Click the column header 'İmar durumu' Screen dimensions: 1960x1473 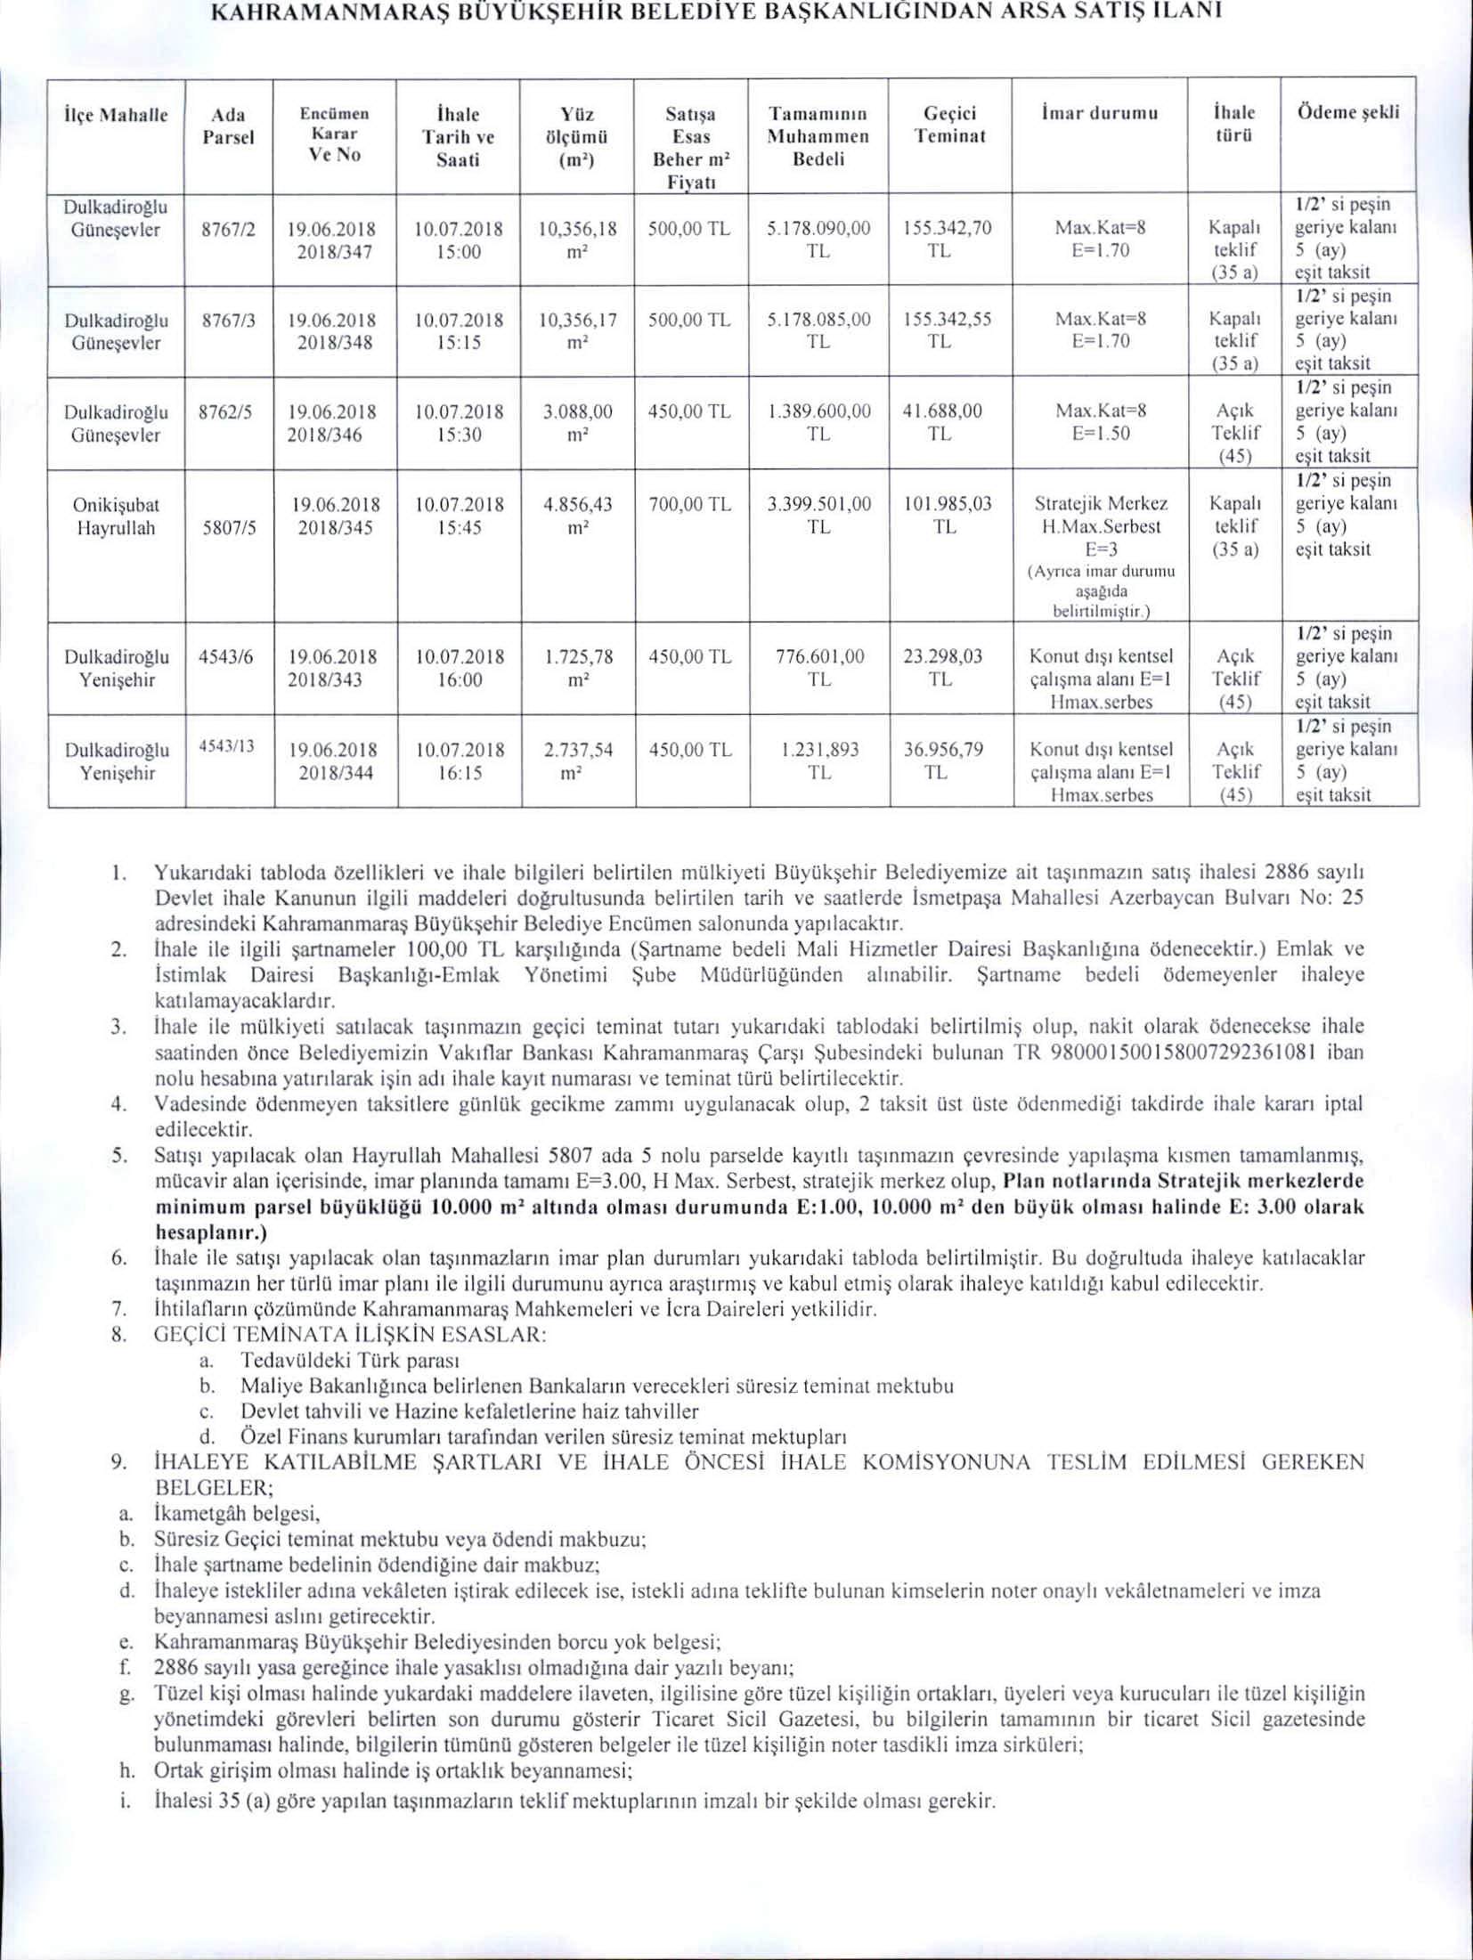(1098, 114)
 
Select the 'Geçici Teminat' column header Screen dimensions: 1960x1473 (949, 125)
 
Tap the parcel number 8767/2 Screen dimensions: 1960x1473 (229, 229)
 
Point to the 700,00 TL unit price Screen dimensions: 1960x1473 (690, 505)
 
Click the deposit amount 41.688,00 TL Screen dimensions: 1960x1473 (942, 422)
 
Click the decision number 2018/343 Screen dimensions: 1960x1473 (333, 679)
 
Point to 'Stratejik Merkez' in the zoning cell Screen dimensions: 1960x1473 (1101, 504)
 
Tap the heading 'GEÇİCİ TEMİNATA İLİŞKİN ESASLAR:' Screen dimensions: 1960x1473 (350, 1335)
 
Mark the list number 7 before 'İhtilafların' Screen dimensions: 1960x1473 (117, 1309)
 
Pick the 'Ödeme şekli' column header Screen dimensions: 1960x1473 (1348, 112)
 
